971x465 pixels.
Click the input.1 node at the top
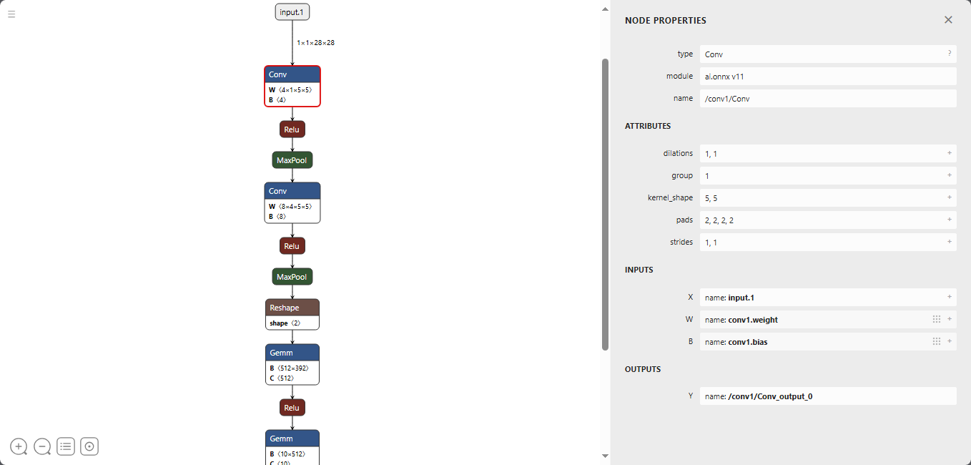[292, 12]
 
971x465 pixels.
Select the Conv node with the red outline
[292, 86]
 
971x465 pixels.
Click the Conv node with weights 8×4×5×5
[292, 202]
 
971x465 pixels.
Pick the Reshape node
[292, 315]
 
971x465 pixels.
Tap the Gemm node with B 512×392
[292, 364]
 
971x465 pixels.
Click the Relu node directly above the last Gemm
[292, 408]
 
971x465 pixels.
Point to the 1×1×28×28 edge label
[315, 42]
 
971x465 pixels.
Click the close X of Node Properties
[948, 20]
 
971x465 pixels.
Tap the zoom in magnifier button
[19, 446]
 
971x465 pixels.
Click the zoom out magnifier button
[42, 446]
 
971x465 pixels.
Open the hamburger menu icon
[11, 14]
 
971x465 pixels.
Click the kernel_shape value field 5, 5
[828, 197]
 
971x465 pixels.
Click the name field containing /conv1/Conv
[828, 99]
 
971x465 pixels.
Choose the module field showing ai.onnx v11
[828, 77]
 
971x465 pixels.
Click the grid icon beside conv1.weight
[937, 319]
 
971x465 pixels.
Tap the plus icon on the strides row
[950, 242]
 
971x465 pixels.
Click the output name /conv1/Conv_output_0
[770, 396]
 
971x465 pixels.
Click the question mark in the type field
[950, 54]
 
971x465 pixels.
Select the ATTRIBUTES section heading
[648, 126]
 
